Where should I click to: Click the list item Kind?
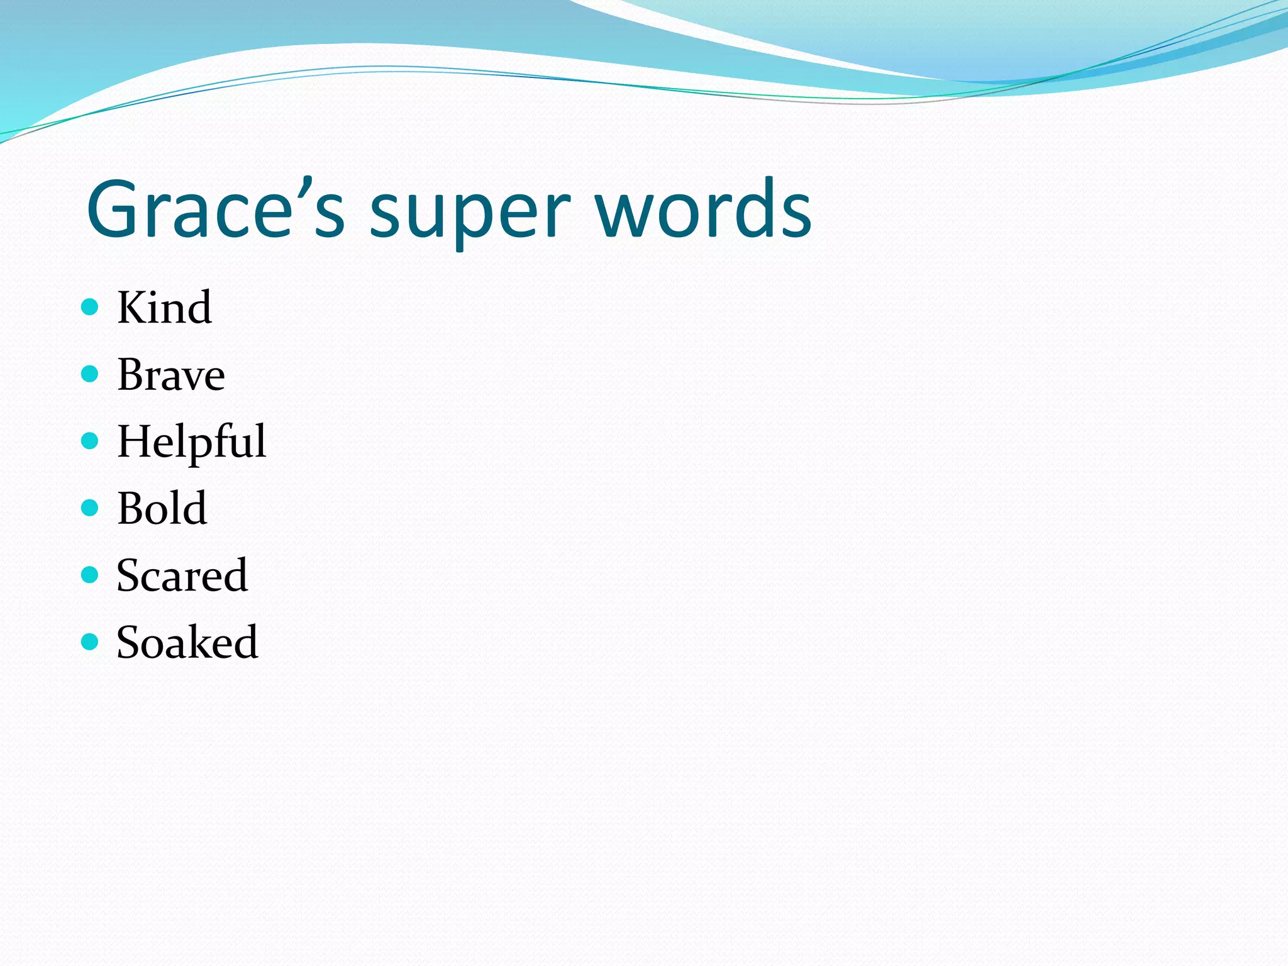tap(164, 308)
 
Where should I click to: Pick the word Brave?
tap(171, 375)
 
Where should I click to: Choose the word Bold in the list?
tap(162, 508)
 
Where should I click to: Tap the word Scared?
tap(182, 575)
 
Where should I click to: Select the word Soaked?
tap(187, 642)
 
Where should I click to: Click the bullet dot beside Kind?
tap(90, 307)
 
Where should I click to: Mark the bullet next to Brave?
tap(90, 374)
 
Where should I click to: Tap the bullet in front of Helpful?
tap(90, 441)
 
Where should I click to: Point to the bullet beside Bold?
tap(90, 508)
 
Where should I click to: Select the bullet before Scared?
tap(90, 575)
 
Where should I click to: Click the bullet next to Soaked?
tap(90, 641)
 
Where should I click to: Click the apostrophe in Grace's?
tap(305, 187)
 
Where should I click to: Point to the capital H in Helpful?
tap(136, 441)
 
